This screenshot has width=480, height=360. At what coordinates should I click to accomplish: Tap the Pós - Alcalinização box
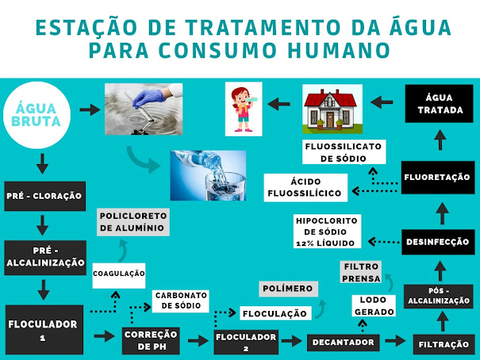(439, 296)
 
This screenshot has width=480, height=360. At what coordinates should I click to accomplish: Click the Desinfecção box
(438, 242)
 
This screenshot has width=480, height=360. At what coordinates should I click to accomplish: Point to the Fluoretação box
(438, 178)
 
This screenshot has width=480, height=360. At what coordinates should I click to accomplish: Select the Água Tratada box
(438, 103)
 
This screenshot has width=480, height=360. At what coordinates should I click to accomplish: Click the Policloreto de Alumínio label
(132, 221)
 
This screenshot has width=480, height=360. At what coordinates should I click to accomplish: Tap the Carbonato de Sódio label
(181, 300)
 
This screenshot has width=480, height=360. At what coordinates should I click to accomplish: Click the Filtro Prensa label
(360, 272)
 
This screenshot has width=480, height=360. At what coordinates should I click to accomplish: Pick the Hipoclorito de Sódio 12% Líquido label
(327, 231)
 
